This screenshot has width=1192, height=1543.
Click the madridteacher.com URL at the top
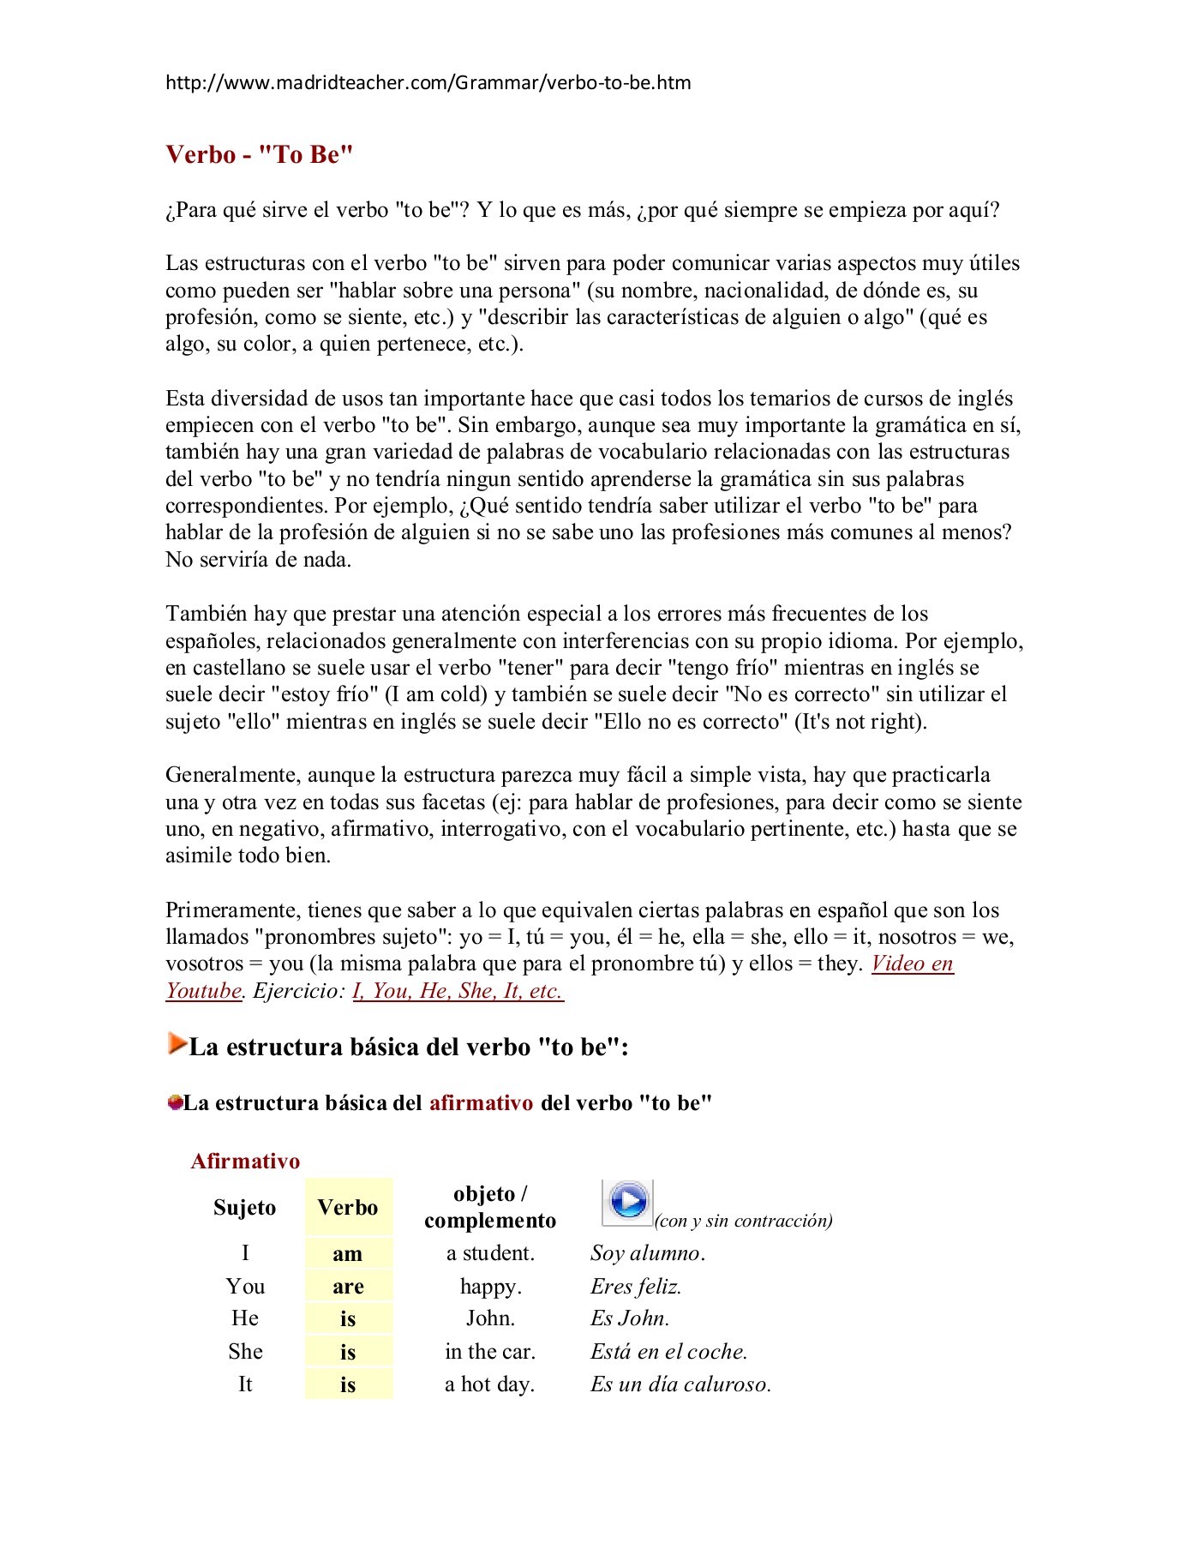click(428, 83)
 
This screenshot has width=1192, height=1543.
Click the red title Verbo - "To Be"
click(260, 155)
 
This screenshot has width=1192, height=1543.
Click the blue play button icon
click(628, 1202)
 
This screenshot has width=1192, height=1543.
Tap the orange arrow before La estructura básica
click(177, 1043)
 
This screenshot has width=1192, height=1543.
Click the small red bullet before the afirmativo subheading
click(175, 1102)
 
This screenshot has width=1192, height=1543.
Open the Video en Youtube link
click(912, 964)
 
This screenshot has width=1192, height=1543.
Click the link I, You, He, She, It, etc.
click(458, 991)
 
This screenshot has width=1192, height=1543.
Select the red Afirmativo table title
click(245, 1162)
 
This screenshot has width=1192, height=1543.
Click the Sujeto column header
click(245, 1208)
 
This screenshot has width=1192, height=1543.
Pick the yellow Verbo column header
click(348, 1208)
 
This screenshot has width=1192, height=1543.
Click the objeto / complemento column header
click(490, 1207)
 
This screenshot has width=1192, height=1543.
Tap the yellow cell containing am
click(348, 1254)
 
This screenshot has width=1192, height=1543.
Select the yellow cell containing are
click(348, 1287)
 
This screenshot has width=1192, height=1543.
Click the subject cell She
click(245, 1352)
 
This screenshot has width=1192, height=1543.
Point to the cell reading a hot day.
click(489, 1384)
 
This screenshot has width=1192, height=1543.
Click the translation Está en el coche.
click(668, 1352)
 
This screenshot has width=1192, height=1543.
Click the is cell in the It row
click(348, 1384)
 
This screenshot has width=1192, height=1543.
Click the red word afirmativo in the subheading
click(481, 1103)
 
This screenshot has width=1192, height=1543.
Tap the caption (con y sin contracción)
click(744, 1221)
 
